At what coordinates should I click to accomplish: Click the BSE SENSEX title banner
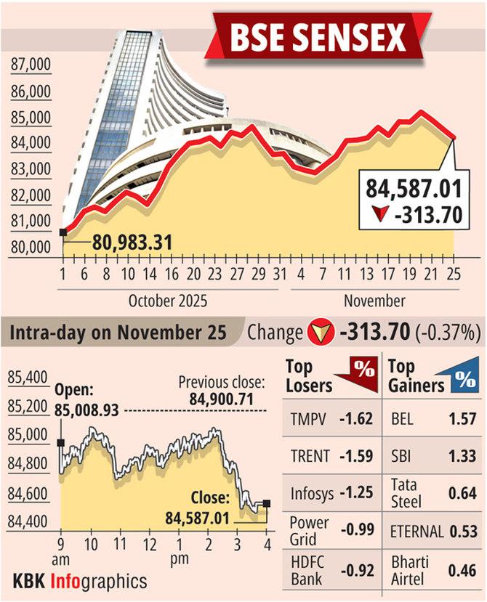click(x=318, y=37)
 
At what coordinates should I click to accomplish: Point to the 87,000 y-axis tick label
click(x=31, y=66)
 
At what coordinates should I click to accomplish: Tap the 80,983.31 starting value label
click(x=132, y=241)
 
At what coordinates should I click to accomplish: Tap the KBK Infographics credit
click(x=80, y=581)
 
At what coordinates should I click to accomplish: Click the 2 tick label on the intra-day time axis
click(x=209, y=544)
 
